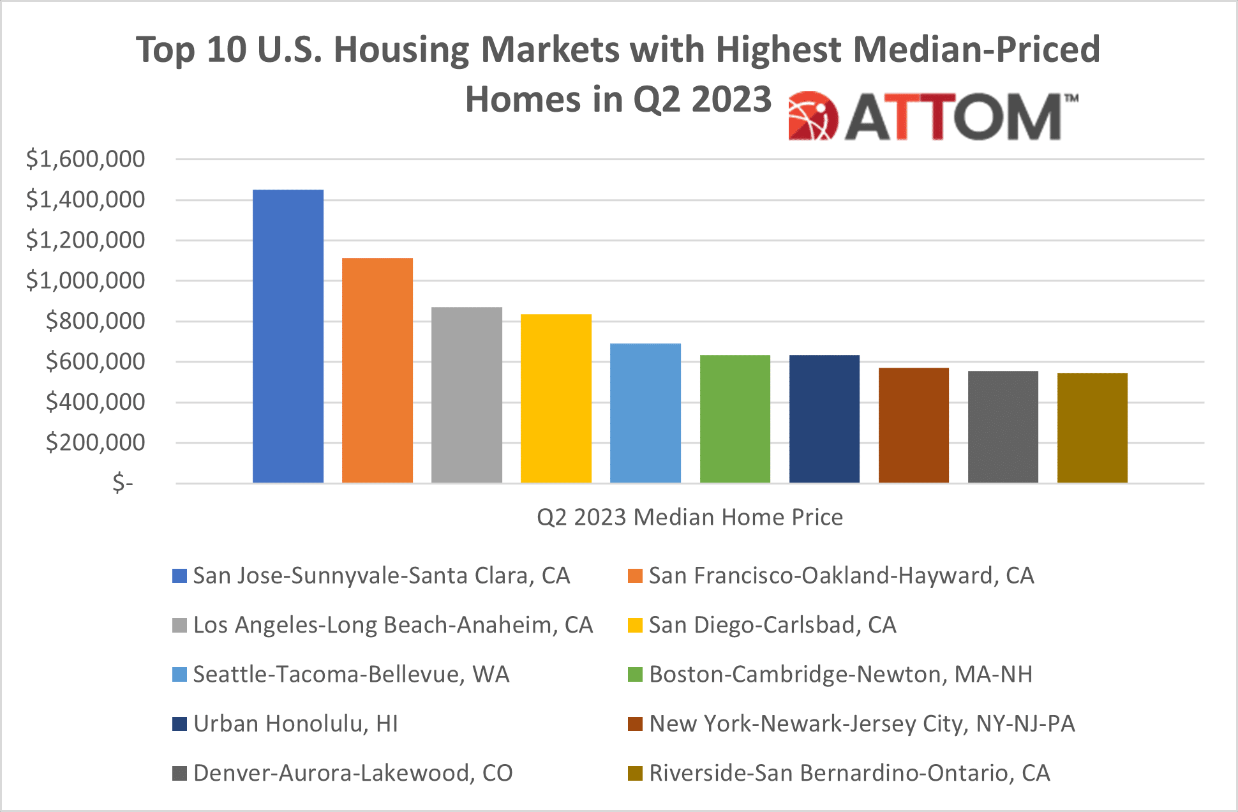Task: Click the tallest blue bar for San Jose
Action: click(288, 336)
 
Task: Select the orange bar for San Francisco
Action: click(377, 370)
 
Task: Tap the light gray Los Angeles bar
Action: click(466, 395)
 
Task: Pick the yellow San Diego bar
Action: click(556, 398)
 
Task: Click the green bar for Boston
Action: click(735, 419)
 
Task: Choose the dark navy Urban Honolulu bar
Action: click(824, 419)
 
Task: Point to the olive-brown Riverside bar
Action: click(1092, 428)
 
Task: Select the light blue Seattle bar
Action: click(645, 413)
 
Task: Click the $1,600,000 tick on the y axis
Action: click(86, 159)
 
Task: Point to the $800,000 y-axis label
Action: click(95, 321)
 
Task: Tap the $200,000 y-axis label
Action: click(95, 442)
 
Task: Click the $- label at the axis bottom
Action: click(123, 483)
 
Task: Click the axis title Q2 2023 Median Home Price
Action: click(689, 517)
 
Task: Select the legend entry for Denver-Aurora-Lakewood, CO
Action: click(352, 773)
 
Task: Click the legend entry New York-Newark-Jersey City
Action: click(861, 724)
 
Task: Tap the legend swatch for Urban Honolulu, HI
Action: click(179, 724)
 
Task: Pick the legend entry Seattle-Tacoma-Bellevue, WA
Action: click(351, 675)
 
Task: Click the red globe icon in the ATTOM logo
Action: click(812, 116)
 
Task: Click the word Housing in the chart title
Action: click(401, 50)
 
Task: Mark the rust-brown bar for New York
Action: click(913, 425)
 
